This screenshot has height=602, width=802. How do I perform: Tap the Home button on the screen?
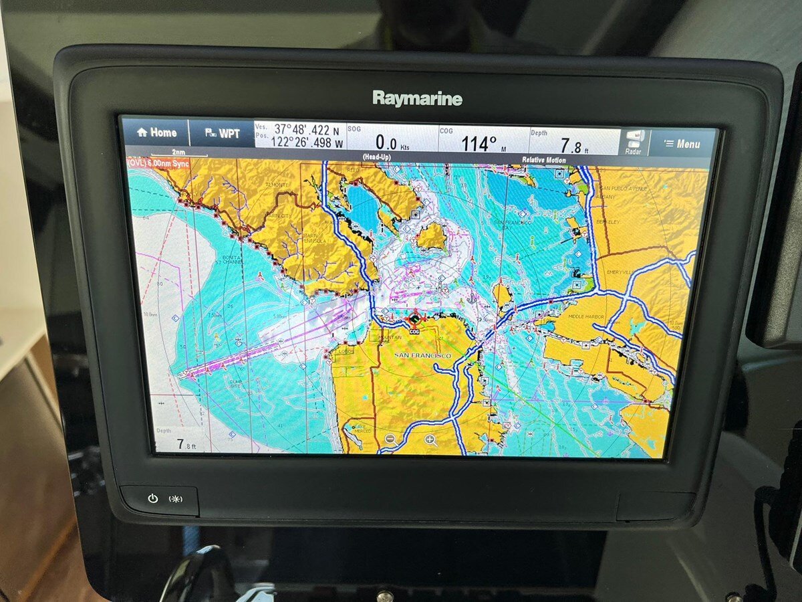156,132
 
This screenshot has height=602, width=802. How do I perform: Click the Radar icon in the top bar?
633,142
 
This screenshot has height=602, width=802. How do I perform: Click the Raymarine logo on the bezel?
417,99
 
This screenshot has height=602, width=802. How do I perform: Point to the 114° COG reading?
479,143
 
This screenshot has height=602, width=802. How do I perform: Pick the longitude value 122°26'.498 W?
307,142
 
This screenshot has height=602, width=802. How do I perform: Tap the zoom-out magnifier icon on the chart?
390,439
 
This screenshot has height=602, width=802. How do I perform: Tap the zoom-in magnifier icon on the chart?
431,440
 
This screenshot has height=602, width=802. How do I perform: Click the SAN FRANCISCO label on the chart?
422,355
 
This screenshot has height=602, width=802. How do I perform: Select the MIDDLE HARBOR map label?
586,316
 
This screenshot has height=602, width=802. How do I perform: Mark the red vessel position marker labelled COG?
415,319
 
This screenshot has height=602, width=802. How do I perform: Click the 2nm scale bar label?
177,153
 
